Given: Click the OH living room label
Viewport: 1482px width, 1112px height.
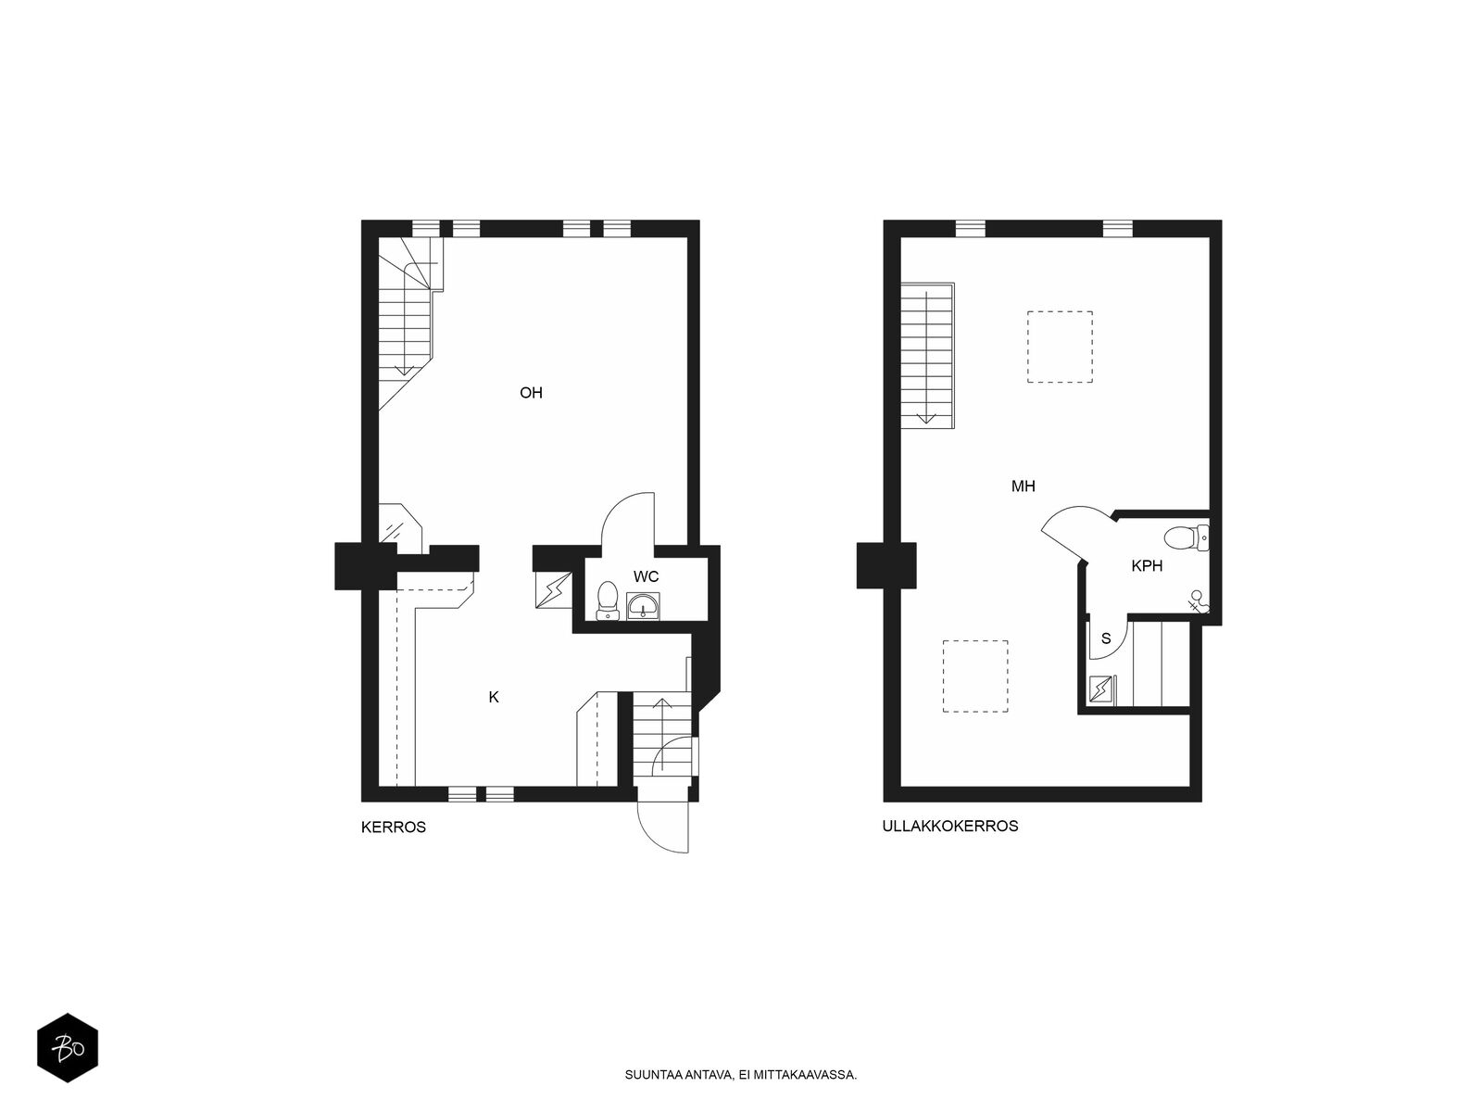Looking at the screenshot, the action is coord(531,393).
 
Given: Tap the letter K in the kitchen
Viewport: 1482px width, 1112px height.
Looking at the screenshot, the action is coord(494,698).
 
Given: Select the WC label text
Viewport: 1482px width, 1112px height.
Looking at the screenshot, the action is coord(646,576).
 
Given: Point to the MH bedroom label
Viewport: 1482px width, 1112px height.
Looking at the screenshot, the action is coord(1023,486).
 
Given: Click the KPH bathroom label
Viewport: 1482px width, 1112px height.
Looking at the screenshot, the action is coord(1147,566).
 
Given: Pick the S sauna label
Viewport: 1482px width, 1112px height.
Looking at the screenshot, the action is coord(1106,638).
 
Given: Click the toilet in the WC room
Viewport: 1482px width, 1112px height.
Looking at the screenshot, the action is coord(608,600).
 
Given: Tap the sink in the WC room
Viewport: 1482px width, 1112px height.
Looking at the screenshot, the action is coord(643,606).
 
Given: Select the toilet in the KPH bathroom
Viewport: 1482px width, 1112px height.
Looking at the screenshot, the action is coord(1187,537).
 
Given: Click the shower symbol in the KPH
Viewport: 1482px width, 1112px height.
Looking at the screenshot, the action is coord(1198,600).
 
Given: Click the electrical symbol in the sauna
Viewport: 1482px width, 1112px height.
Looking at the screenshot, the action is coord(1100,689).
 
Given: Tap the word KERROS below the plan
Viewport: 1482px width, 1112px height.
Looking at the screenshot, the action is coord(393,828).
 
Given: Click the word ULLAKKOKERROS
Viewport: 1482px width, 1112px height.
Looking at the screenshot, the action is coord(950,826).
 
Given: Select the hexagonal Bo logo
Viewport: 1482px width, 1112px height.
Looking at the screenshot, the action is coord(68,1048).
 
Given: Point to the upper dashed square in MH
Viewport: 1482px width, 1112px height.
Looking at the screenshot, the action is coord(1060,347).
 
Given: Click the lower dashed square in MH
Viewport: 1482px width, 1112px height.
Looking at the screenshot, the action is coord(975,676).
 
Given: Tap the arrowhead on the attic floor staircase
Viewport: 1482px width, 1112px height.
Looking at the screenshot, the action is coord(926,418).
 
